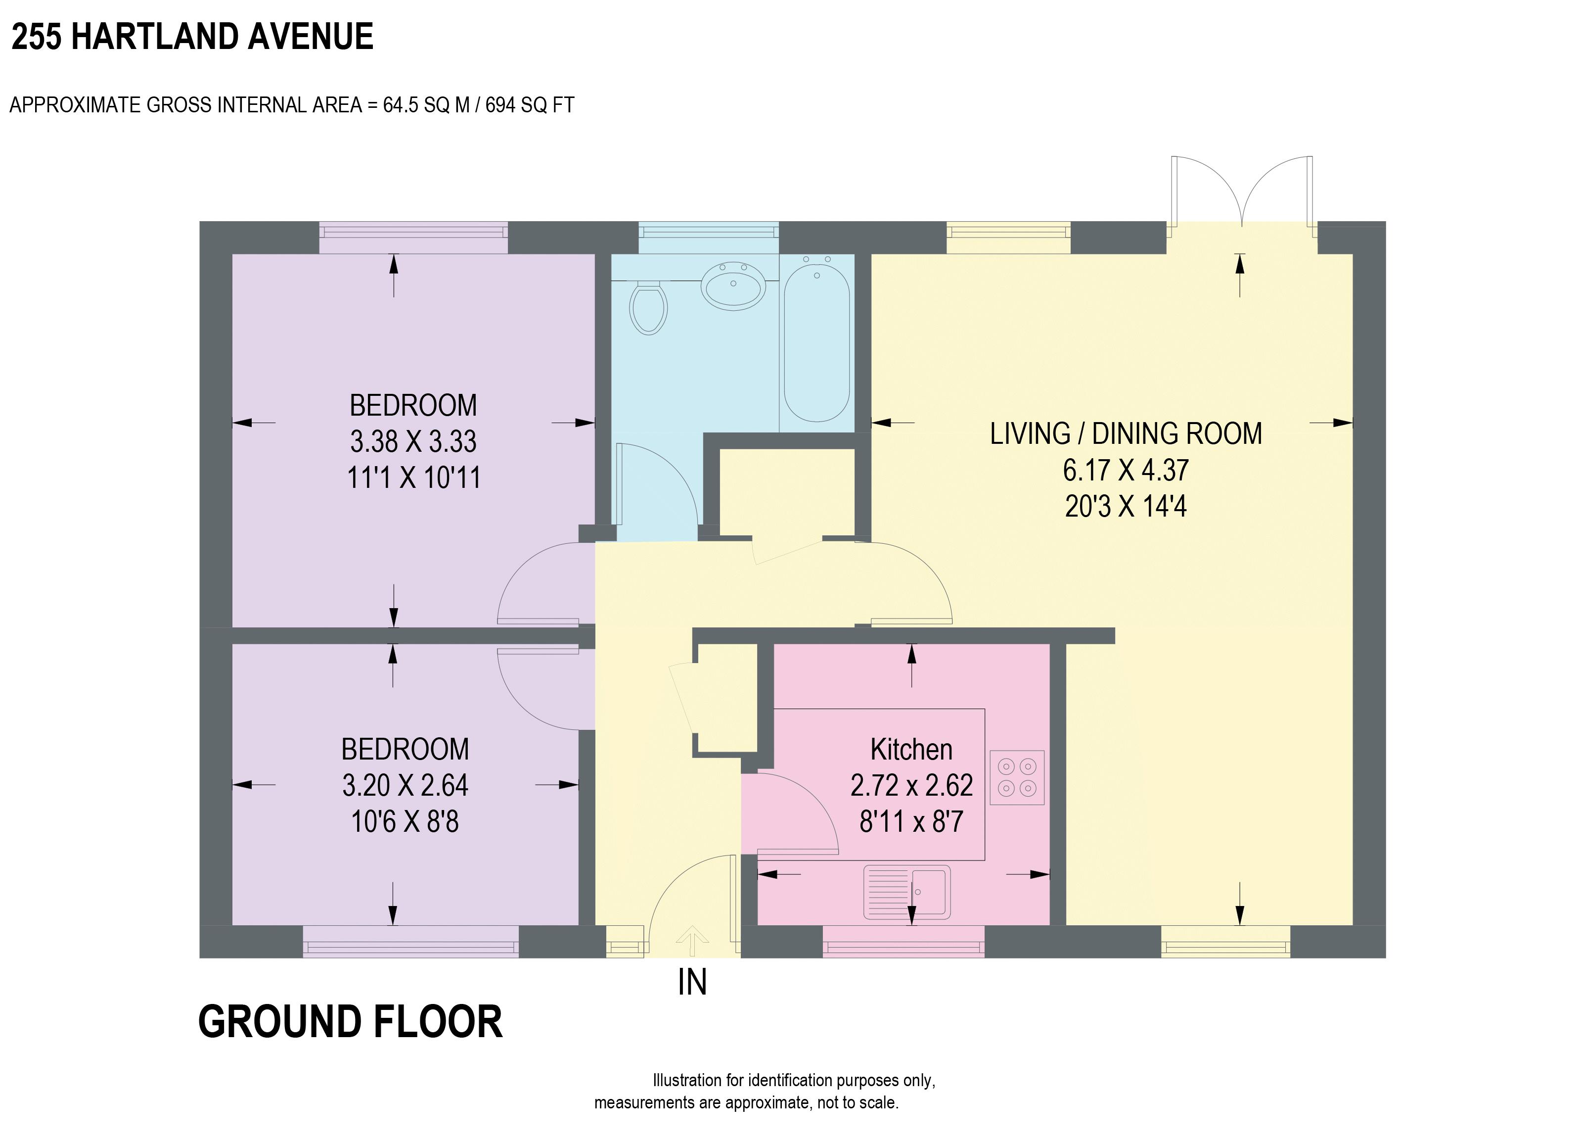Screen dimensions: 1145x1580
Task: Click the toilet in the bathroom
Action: click(648, 308)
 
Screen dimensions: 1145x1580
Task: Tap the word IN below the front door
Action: click(692, 983)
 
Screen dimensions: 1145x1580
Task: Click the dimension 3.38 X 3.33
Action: click(413, 442)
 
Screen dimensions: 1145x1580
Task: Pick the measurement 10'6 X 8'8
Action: click(405, 822)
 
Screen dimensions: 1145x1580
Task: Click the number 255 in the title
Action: click(36, 37)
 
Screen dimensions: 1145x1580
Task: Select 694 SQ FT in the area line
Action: click(530, 105)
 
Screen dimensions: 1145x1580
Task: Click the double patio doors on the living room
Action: click(1241, 191)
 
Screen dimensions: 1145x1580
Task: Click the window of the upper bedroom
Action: click(413, 238)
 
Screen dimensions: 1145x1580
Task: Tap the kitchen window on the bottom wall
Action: click(903, 942)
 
